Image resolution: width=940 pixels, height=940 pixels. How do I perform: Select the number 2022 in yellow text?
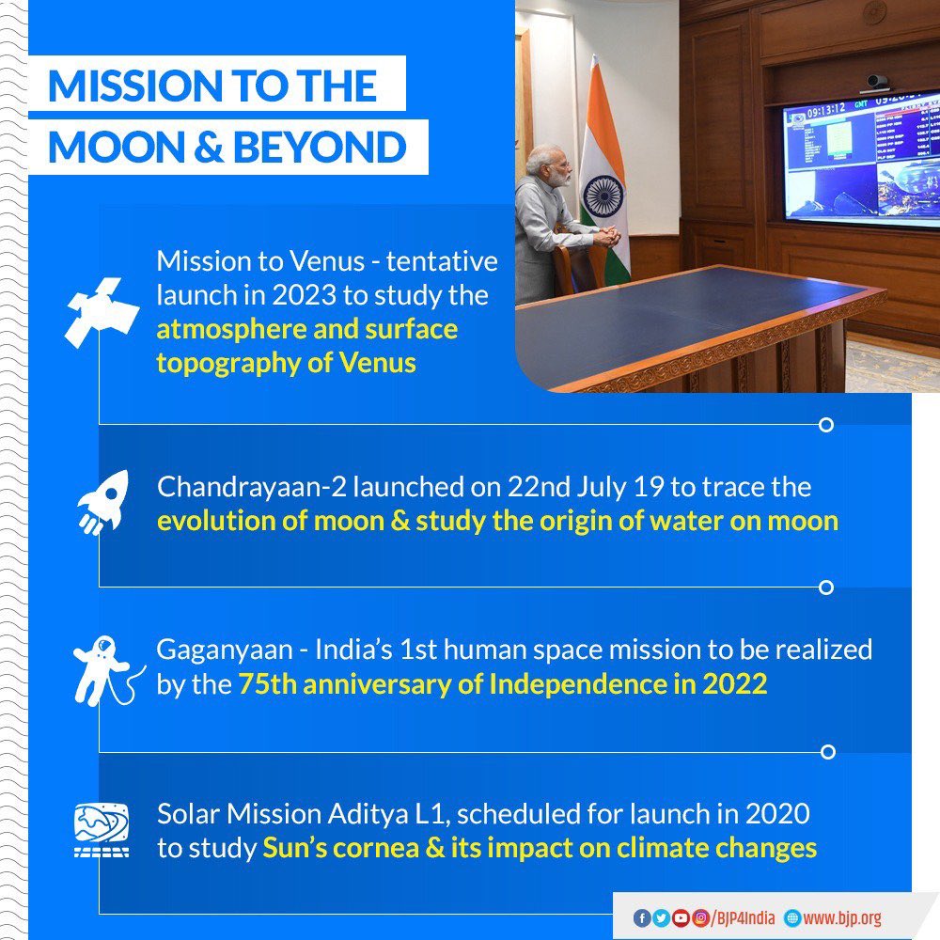(x=732, y=684)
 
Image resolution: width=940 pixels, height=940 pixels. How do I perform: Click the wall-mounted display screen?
(x=861, y=157)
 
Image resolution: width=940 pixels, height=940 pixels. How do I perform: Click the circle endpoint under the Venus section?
(x=826, y=425)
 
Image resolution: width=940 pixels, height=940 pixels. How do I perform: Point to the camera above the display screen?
(x=877, y=82)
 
